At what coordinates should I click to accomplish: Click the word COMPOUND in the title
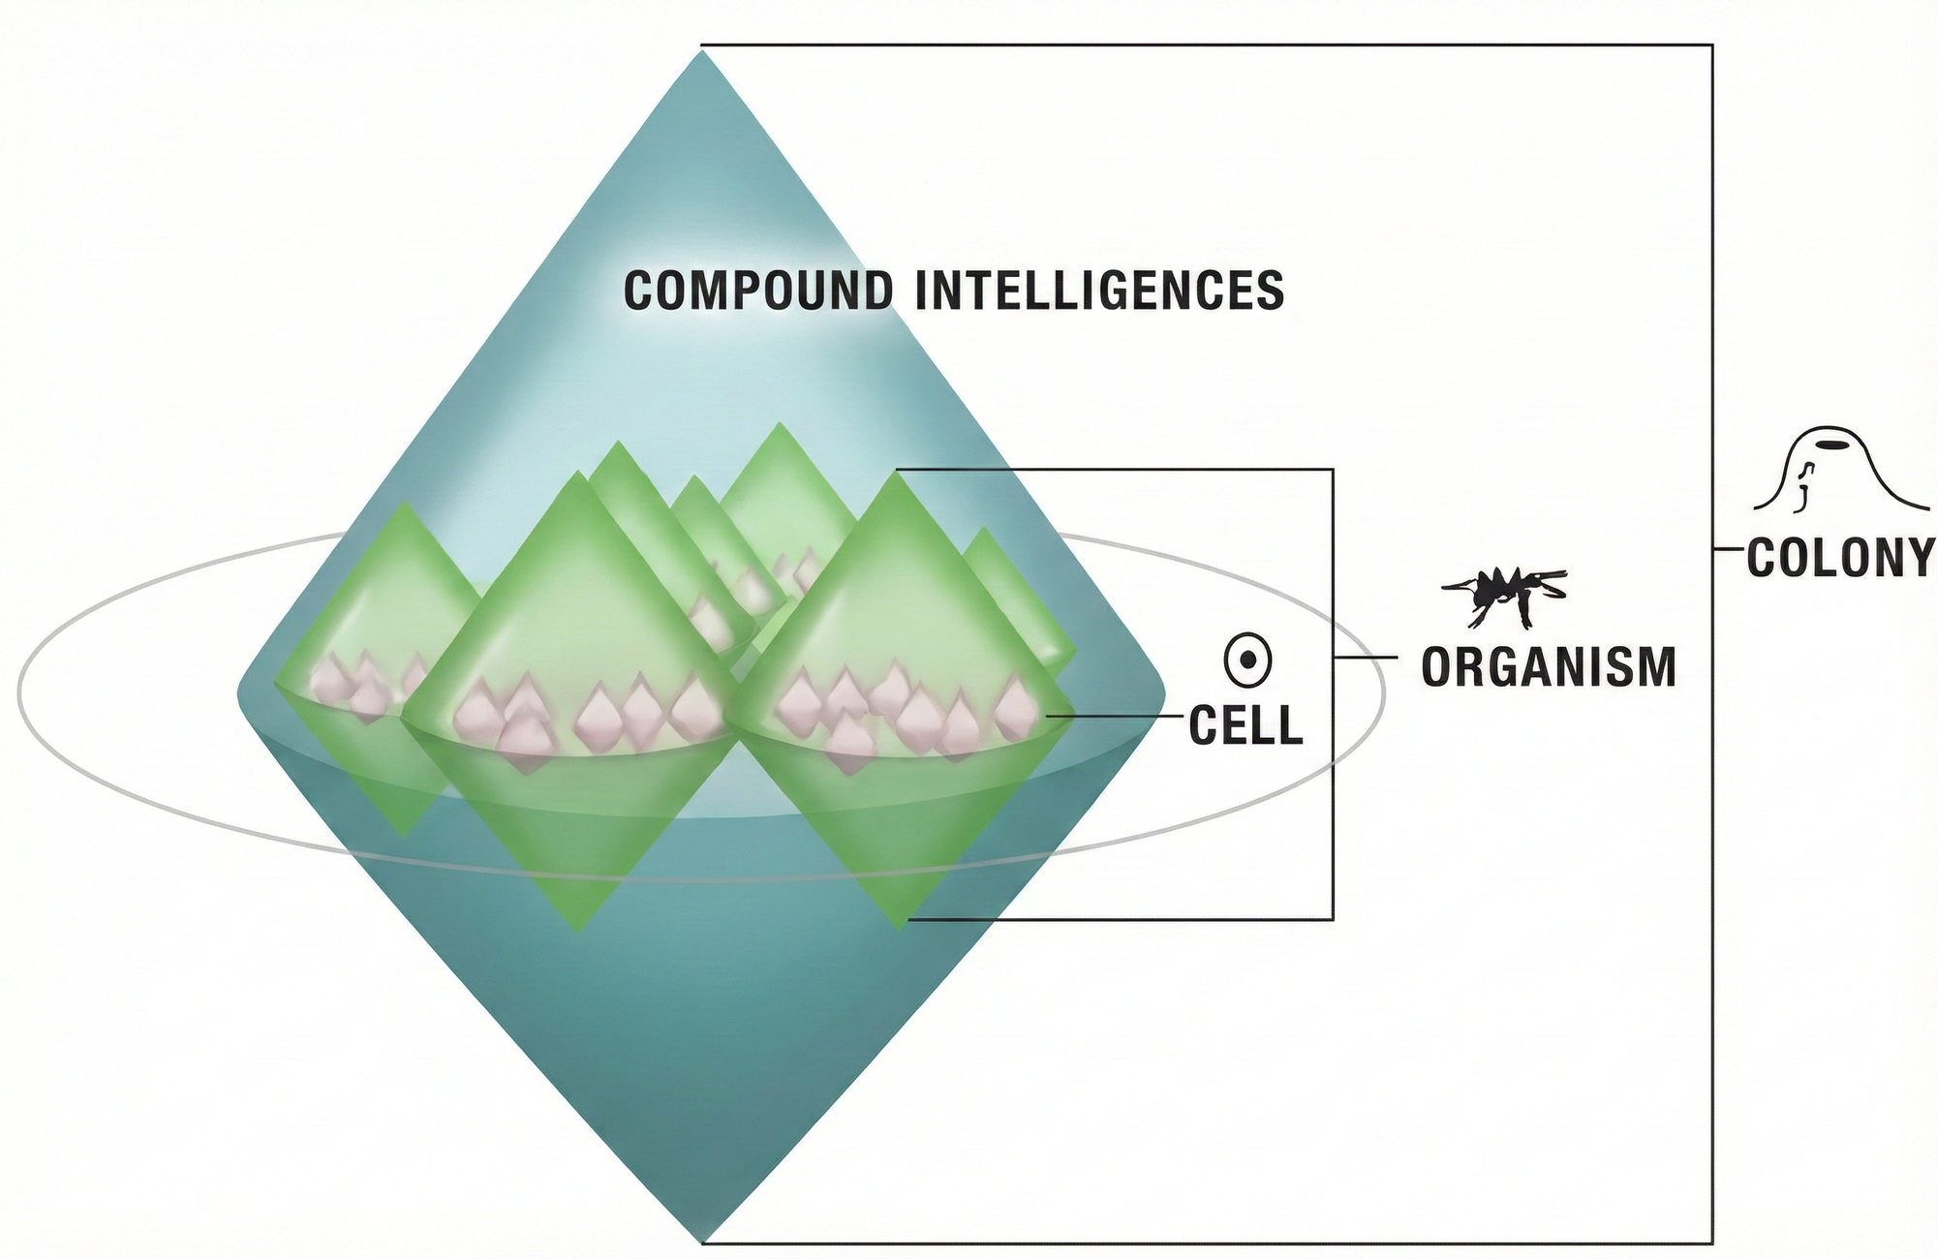757,291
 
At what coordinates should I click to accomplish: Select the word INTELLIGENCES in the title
1100,291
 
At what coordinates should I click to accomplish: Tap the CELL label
1245,725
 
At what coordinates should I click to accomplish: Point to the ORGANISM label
1549,666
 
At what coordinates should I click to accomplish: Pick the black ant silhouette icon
1504,594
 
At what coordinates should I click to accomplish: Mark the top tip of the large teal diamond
701,53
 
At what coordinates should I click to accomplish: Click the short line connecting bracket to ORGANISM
1366,658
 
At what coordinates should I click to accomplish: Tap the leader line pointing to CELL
1114,717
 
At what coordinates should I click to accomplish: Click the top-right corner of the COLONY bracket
1712,45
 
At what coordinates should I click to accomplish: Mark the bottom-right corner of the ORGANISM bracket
1333,918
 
